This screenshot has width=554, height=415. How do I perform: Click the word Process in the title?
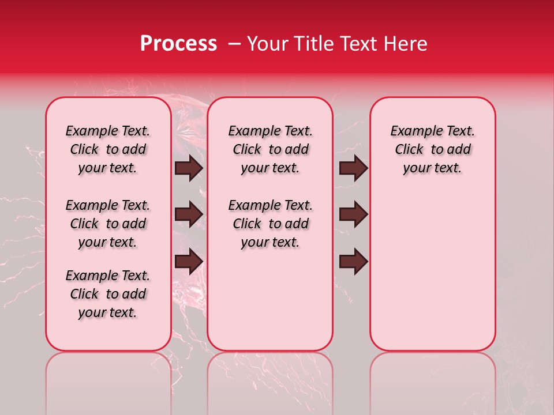coord(178,44)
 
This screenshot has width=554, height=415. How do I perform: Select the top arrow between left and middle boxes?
coord(189,168)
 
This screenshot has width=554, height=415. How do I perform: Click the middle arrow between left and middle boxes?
coord(189,214)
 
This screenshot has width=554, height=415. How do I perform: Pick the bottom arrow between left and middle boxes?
coord(189,261)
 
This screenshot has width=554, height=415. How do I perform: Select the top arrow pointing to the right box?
coord(353,168)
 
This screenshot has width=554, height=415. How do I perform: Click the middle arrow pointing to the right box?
coord(353,214)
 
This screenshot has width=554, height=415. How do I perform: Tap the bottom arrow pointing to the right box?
coord(353,261)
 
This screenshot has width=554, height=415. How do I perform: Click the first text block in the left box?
coord(108,149)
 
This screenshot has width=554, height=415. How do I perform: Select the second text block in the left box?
coord(108,224)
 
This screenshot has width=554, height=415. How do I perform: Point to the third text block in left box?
coord(108,294)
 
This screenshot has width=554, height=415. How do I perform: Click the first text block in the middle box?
coord(270,149)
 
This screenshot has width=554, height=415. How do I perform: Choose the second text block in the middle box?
coord(270,224)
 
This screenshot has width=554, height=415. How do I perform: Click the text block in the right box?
coord(432,149)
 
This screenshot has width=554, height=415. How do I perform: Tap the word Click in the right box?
coord(409,150)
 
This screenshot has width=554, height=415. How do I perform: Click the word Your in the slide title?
coord(266,44)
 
